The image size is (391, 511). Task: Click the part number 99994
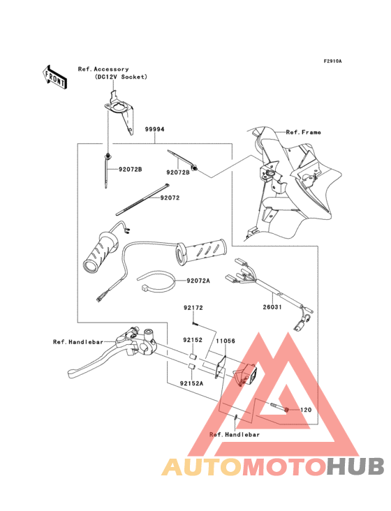tap(155, 130)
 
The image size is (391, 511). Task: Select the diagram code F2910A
tap(332, 61)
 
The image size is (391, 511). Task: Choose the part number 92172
tap(193, 308)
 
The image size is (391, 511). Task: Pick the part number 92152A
tap(190, 383)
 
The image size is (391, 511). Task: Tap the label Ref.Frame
tap(302, 132)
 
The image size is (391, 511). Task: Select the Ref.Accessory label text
tap(103, 69)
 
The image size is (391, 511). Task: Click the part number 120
tap(306, 410)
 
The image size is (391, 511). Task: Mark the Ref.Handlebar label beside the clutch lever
tap(78, 342)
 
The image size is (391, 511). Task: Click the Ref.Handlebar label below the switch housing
tap(235, 434)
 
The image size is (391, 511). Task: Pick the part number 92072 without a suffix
tap(170, 198)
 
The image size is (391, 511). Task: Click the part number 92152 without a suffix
tap(193, 341)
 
